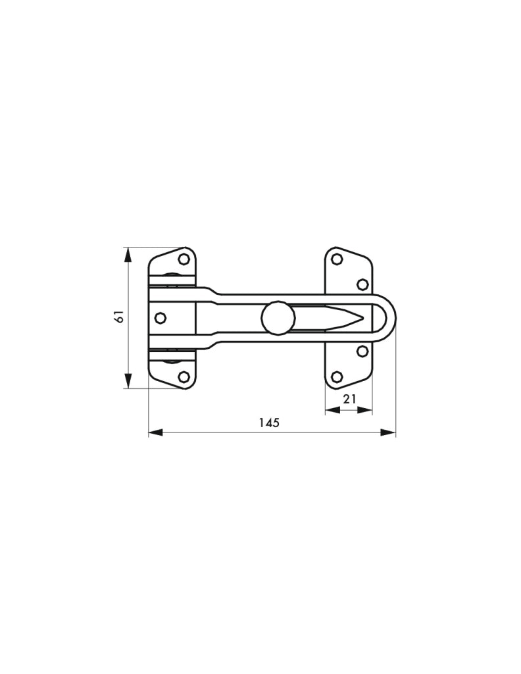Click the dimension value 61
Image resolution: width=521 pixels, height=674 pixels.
click(120, 317)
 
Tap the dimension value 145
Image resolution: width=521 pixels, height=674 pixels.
click(269, 423)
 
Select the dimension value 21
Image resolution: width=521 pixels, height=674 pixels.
click(349, 399)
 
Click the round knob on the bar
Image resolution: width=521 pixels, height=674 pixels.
click(278, 318)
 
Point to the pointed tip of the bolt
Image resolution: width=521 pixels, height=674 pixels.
click(363, 318)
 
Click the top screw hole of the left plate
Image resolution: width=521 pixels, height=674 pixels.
click(184, 259)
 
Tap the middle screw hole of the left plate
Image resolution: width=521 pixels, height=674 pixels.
click(161, 318)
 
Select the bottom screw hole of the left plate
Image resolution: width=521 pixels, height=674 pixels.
click(184, 377)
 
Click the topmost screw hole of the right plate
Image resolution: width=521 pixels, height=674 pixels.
click(337, 259)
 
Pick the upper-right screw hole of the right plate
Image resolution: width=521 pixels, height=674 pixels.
click(363, 284)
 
